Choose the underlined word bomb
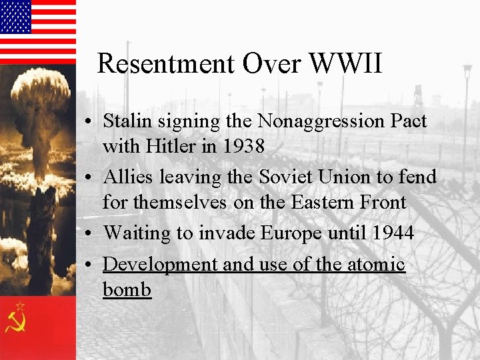click(127, 290)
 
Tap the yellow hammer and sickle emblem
click(16, 321)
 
